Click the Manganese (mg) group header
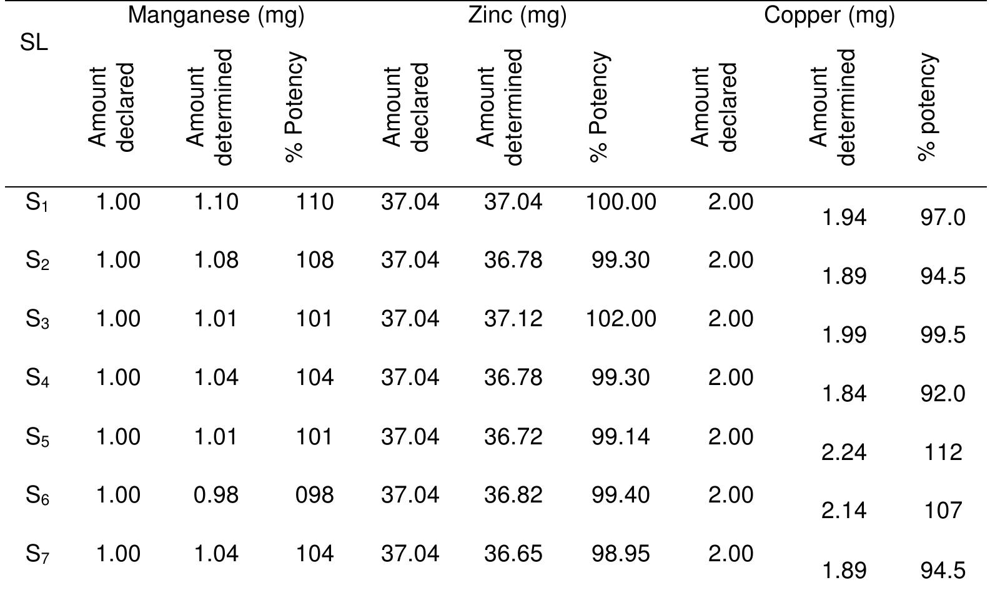pyautogui.click(x=215, y=16)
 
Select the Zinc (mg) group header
pyautogui.click(x=517, y=16)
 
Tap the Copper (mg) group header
pyautogui.click(x=829, y=16)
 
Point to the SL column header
pyautogui.click(x=34, y=44)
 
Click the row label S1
pyautogui.click(x=38, y=203)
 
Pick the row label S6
pyautogui.click(x=38, y=496)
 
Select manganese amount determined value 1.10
pyautogui.click(x=215, y=202)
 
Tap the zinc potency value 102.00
pyautogui.click(x=621, y=319)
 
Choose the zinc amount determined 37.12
pyautogui.click(x=513, y=319)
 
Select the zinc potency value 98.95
pyautogui.click(x=621, y=554)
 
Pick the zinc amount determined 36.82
pyautogui.click(x=513, y=495)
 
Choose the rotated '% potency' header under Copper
pyautogui.click(x=929, y=107)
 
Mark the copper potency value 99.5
pyautogui.click(x=943, y=335)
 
